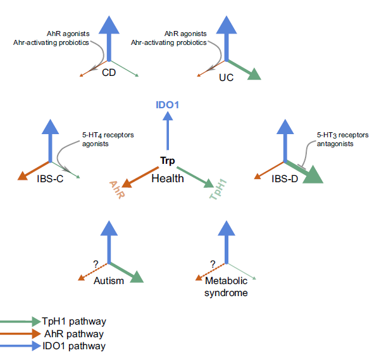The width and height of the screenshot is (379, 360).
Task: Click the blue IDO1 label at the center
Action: (x=167, y=105)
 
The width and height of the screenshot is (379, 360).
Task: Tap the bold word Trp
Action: (x=167, y=161)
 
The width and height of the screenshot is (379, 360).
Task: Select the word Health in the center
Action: (x=168, y=178)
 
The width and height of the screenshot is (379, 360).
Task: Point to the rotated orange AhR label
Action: (x=117, y=190)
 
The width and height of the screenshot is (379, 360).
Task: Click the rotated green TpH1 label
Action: (x=218, y=190)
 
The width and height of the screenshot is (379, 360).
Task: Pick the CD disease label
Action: (x=109, y=73)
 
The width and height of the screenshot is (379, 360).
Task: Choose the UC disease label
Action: (x=227, y=78)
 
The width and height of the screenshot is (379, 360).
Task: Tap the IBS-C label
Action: (x=50, y=179)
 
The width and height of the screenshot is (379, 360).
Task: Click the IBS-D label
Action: (x=285, y=179)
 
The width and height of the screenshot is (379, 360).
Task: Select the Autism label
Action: (x=109, y=281)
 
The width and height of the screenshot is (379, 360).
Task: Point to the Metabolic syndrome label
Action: (x=226, y=287)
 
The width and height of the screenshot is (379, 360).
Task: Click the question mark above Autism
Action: (x=96, y=264)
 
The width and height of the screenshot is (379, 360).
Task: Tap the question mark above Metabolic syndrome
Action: (x=213, y=264)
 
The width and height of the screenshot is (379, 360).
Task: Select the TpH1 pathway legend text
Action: (x=74, y=321)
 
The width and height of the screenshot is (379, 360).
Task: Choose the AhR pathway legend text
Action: (x=74, y=334)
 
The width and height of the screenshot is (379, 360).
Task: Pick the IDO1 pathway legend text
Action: (x=74, y=346)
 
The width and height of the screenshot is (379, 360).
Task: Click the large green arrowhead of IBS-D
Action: (x=313, y=176)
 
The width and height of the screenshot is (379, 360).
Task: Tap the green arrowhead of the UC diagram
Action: (x=254, y=75)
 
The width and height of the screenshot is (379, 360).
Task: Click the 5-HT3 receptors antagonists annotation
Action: (x=342, y=139)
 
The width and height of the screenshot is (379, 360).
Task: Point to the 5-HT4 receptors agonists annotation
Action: (x=108, y=139)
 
